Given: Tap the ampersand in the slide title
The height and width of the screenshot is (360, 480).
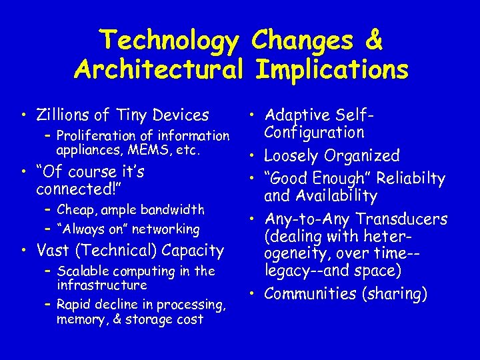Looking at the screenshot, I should pos(374,41).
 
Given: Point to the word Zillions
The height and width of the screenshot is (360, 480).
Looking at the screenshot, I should pos(64,115).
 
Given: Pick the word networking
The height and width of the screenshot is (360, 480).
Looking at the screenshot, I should pos(167,229).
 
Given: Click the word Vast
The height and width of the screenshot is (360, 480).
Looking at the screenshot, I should pos(53,251).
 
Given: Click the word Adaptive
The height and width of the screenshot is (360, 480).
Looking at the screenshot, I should pos(296,116).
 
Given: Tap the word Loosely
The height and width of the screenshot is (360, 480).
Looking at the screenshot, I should pos(293,156).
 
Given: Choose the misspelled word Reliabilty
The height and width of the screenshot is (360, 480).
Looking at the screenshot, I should pos(410,179).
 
